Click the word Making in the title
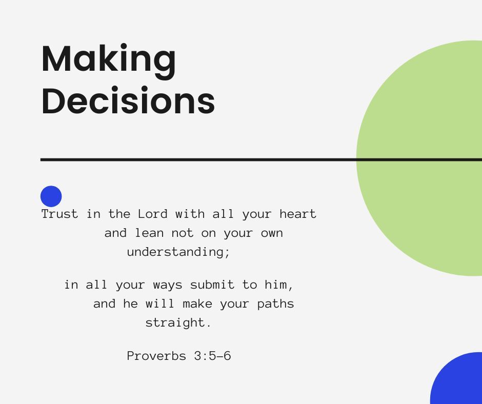click(x=109, y=62)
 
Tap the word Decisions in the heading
click(x=128, y=100)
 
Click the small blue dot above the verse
click(x=51, y=196)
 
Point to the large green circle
click(x=419, y=158)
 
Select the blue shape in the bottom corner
click(x=457, y=379)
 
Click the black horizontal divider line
click(x=261, y=159)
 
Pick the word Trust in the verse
click(x=59, y=214)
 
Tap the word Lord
click(x=152, y=214)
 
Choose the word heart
click(x=298, y=214)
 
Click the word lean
click(x=149, y=233)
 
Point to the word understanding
click(x=178, y=252)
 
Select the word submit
click(x=212, y=285)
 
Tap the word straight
click(x=178, y=323)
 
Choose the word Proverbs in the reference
click(x=156, y=356)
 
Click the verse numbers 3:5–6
click(x=212, y=356)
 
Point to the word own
click(x=272, y=234)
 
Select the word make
click(x=197, y=304)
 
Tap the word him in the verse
click(x=279, y=285)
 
